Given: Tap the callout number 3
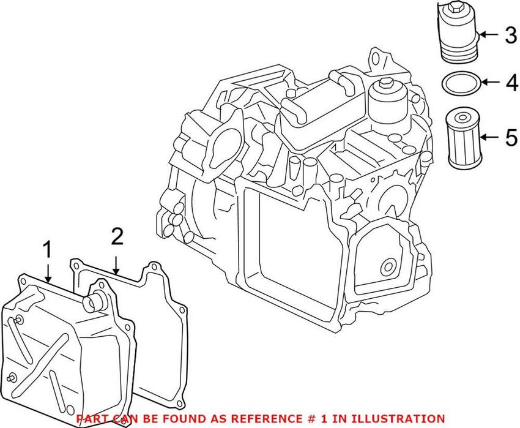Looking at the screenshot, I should click(510, 35).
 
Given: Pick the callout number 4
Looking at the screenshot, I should click(510, 83).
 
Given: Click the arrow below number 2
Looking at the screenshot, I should click(116, 260).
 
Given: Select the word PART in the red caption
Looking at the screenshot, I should click(90, 418).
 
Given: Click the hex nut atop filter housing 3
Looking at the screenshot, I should click(456, 9).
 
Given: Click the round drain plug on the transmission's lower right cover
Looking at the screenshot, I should click(386, 267).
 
